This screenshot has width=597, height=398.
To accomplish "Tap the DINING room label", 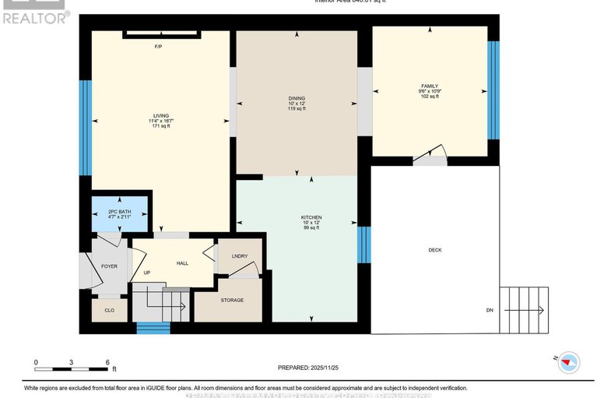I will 296,99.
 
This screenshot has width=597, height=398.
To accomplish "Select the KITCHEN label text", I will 311,217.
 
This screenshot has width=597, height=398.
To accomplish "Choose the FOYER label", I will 109,266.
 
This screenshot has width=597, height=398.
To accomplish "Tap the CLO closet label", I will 109,309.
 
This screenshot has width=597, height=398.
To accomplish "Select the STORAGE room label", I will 231,300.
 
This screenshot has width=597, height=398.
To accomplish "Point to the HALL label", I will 182,263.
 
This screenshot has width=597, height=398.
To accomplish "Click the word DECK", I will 434,250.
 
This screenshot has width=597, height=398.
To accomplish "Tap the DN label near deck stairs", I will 490,310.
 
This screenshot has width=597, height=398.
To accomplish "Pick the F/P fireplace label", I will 158,46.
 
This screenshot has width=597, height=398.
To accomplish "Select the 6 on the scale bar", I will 107,363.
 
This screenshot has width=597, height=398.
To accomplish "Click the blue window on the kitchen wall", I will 361,244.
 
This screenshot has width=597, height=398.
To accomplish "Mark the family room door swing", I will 430,155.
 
